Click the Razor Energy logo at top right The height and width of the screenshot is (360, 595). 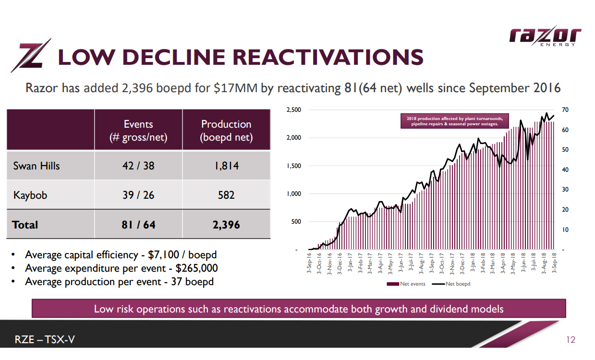[x=545, y=36]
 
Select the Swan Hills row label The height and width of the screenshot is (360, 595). [x=36, y=166]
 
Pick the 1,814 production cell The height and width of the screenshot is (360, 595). [x=226, y=166]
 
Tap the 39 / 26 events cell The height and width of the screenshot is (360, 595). [x=138, y=195]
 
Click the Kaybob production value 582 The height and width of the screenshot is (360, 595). [x=226, y=195]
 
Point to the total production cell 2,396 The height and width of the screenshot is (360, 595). [x=226, y=225]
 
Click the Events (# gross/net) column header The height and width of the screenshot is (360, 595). [x=138, y=131]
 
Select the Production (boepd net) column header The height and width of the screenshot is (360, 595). [x=226, y=131]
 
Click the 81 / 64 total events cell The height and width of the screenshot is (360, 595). [x=138, y=225]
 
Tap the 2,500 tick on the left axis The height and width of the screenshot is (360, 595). [x=293, y=110]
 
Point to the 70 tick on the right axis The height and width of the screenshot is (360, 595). [x=566, y=110]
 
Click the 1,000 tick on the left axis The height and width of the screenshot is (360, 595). [x=293, y=194]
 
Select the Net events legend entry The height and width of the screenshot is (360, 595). [x=408, y=284]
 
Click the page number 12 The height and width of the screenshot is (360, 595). [x=571, y=340]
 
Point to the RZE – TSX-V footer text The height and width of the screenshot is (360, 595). [x=45, y=340]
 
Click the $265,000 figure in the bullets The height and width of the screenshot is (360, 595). [x=197, y=268]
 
